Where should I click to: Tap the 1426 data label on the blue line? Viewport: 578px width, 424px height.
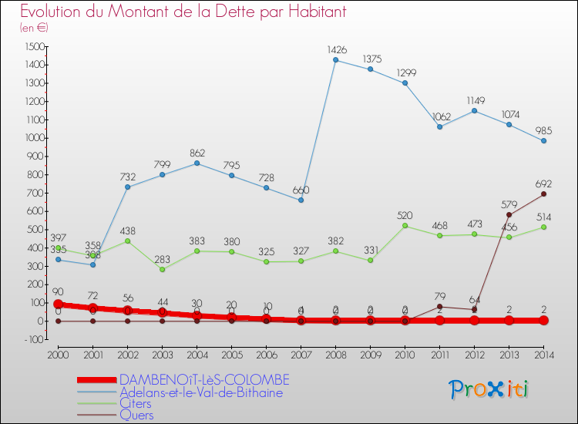click(335, 49)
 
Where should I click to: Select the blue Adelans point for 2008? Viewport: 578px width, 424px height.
click(335, 60)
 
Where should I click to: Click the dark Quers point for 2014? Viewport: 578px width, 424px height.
click(543, 193)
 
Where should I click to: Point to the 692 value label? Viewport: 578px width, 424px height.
click(543, 183)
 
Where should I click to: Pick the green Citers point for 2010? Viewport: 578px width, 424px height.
click(405, 225)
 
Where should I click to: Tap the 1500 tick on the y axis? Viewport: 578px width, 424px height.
click(35, 46)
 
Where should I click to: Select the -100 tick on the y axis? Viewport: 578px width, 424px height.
click(35, 339)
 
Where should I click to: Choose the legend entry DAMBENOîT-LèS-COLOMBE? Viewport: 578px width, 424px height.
click(204, 380)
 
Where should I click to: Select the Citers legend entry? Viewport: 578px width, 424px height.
click(135, 403)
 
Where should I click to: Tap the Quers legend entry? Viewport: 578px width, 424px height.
click(136, 415)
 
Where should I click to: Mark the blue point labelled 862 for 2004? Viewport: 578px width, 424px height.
click(197, 163)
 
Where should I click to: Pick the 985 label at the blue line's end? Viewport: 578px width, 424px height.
click(543, 130)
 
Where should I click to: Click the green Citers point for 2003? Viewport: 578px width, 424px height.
click(162, 269)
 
